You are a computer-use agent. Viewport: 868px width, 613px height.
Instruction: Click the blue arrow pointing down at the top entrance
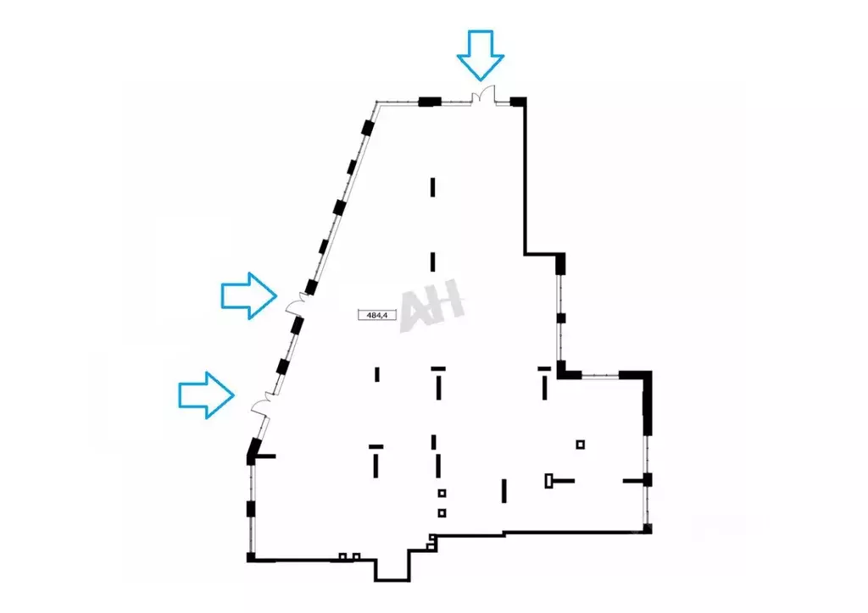481,55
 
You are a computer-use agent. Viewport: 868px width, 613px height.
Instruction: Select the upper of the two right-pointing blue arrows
249,295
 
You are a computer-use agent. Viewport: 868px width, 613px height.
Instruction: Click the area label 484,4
377,315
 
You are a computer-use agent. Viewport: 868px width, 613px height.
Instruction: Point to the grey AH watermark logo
431,305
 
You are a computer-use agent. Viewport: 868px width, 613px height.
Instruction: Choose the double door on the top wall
482,95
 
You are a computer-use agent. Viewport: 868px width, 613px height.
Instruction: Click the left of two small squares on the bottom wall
342,556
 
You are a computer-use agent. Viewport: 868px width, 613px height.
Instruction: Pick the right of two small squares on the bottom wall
357,556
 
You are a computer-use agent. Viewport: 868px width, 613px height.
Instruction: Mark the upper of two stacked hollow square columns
442,493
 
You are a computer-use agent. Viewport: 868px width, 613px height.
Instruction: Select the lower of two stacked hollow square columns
442,513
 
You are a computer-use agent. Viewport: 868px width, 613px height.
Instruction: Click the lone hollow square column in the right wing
580,445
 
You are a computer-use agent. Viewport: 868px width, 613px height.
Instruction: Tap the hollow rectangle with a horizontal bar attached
559,481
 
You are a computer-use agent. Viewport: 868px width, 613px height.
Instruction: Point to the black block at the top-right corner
518,101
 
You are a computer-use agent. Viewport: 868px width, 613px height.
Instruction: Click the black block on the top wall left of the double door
430,101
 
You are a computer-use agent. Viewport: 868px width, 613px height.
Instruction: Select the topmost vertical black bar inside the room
433,187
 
